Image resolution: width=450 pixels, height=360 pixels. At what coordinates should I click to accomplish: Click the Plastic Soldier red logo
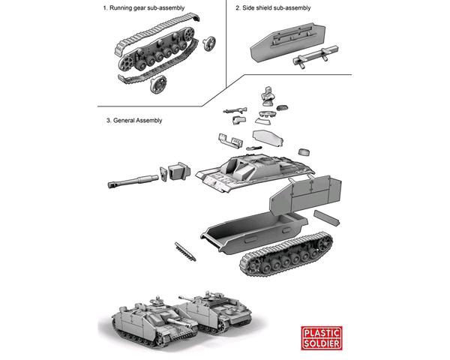[x=322, y=338]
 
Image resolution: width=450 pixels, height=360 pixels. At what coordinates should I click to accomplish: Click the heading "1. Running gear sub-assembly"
[x=144, y=8]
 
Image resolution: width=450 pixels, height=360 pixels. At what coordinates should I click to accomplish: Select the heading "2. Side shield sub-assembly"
[x=273, y=8]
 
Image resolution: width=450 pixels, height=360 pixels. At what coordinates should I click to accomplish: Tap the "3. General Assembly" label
[x=134, y=121]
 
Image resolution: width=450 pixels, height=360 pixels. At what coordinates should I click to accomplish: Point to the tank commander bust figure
[x=268, y=96]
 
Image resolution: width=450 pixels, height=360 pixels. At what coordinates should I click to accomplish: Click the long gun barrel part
[x=133, y=181]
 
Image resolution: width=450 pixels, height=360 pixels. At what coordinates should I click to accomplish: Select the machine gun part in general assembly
[x=235, y=110]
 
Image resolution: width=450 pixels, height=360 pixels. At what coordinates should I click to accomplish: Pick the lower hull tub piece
[x=254, y=232]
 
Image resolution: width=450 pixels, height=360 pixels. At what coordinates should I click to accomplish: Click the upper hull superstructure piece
[x=254, y=171]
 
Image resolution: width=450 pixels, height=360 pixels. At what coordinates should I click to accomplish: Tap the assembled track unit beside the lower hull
[x=286, y=254]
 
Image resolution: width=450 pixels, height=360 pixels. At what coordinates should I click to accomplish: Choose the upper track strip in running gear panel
[x=157, y=34]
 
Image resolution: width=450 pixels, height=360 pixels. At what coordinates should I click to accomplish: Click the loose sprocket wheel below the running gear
[x=158, y=85]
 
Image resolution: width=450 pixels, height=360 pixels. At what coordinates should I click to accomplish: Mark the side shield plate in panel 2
[x=288, y=43]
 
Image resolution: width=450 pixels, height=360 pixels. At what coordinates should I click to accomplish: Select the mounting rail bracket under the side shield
[x=315, y=56]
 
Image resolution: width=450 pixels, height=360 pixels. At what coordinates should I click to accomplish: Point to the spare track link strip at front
[x=185, y=252]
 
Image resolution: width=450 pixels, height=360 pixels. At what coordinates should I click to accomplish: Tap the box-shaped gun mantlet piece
[x=179, y=171]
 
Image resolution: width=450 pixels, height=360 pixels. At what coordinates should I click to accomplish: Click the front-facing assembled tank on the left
[x=154, y=322]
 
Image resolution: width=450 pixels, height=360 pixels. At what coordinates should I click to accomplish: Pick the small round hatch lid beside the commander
[x=283, y=108]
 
